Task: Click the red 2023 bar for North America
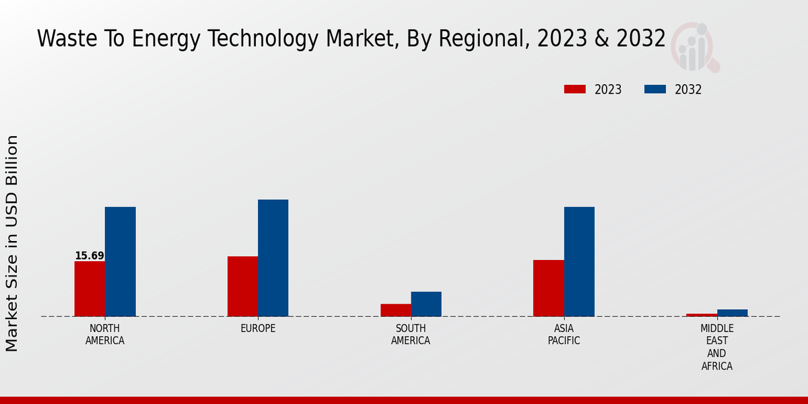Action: [x=90, y=288]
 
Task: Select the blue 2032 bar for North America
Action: [x=120, y=261]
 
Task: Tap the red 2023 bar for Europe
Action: [x=242, y=286]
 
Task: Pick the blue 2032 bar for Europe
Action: [x=273, y=258]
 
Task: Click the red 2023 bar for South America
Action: [x=395, y=310]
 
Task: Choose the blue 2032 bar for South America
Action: [x=426, y=304]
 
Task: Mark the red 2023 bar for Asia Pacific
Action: [x=548, y=288]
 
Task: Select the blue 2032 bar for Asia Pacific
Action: [x=579, y=261]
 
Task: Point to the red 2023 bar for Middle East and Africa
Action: [x=702, y=314]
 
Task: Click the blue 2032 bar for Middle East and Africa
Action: [x=732, y=312]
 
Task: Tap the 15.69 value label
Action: [x=90, y=256]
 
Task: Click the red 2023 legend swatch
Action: [x=575, y=90]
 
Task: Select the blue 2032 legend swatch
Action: [x=655, y=90]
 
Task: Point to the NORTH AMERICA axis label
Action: [x=105, y=335]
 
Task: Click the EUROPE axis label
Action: [x=258, y=329]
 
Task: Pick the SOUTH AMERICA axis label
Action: [x=411, y=335]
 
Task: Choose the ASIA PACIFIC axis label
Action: [x=564, y=335]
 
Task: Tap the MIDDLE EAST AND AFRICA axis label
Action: [x=716, y=347]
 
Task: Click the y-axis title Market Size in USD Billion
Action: [x=12, y=243]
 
